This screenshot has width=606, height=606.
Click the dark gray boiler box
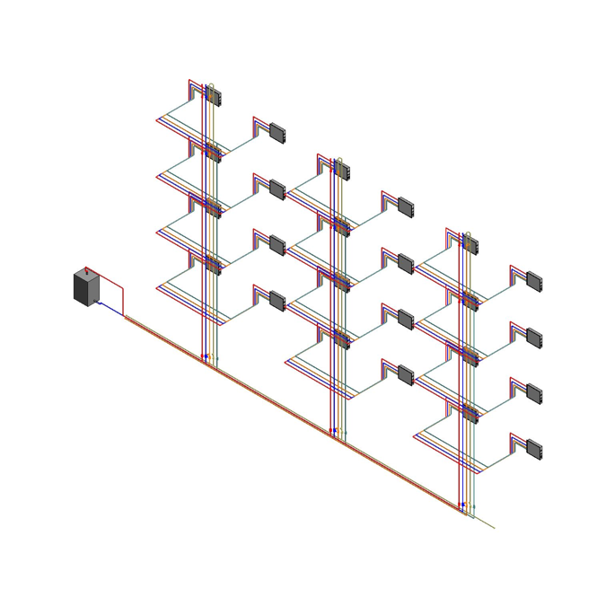[x=85, y=288]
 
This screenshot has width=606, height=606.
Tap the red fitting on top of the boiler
[x=86, y=270]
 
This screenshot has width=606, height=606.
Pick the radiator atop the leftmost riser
[x=214, y=95]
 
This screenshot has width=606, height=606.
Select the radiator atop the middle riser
[x=342, y=170]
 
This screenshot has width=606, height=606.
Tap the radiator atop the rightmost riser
[x=470, y=244]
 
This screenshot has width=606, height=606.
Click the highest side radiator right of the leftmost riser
[x=277, y=133]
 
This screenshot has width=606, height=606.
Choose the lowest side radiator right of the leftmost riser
[x=277, y=301]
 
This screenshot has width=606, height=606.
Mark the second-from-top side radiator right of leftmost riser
[x=277, y=189]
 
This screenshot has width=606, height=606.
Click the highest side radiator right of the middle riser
[x=406, y=207]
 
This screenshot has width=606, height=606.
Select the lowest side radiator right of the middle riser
[x=406, y=374]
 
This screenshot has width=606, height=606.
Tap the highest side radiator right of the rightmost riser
[x=534, y=281]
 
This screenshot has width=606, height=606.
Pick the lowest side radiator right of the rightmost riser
[x=534, y=448]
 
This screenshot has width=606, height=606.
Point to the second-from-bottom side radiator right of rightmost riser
[x=534, y=392]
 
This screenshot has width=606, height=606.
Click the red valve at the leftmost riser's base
[x=204, y=357]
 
